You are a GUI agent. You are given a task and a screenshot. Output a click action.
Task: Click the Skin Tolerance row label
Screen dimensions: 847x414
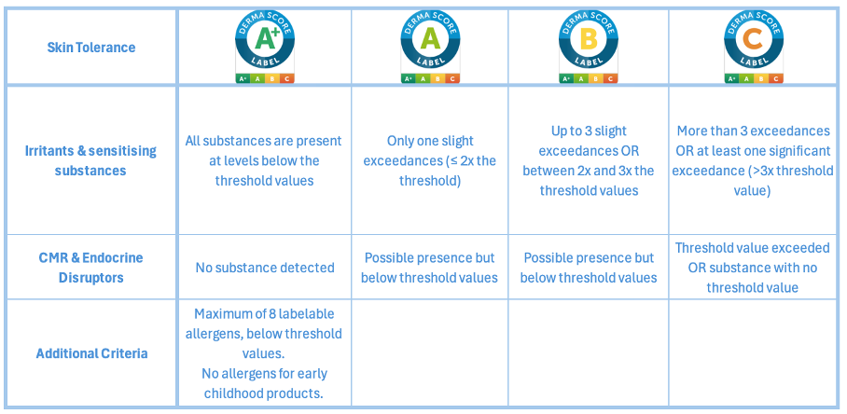(90, 47)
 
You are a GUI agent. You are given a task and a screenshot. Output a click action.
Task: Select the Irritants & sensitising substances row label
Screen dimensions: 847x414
(90, 160)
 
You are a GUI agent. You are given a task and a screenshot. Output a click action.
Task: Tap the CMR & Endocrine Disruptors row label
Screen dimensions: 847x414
(90, 268)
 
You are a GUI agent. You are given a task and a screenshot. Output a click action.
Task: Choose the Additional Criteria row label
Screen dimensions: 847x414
(91, 353)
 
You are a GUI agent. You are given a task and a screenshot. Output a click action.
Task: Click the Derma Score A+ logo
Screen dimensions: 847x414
(265, 47)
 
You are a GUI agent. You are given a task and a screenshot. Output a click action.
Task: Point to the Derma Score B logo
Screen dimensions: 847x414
(589, 47)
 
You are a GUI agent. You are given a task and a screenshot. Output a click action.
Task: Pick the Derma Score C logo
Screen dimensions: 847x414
(753, 47)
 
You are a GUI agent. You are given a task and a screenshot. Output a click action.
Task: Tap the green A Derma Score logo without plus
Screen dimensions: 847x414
(430, 47)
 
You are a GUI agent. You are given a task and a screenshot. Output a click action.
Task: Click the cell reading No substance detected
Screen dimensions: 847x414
(265, 268)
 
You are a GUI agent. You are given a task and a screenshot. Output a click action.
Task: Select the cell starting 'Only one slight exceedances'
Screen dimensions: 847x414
(430, 160)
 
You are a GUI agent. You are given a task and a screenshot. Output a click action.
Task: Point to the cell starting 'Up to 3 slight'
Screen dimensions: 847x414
(589, 160)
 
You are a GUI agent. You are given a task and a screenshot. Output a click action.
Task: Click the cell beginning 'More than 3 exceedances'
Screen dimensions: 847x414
(753, 160)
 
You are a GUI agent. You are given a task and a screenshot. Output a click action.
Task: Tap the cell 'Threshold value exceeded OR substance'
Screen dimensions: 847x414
(753, 268)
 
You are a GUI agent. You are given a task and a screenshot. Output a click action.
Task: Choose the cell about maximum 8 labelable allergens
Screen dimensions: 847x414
(264, 353)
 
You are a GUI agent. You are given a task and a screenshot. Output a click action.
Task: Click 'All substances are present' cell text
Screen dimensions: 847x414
(264, 160)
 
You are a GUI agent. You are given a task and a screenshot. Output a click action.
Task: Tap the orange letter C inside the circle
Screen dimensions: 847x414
(753, 39)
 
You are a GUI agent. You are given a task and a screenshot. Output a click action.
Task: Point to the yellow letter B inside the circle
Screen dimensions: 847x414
(589, 39)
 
